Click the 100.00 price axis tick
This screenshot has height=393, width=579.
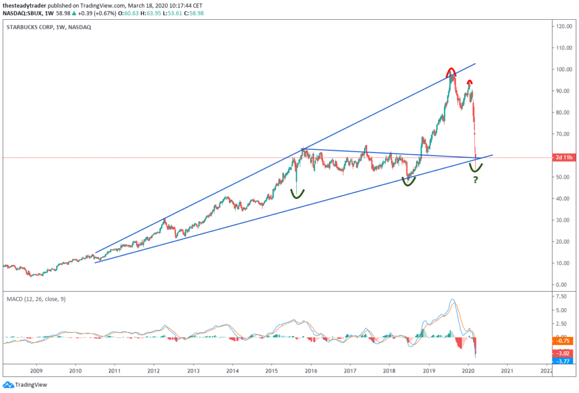563,70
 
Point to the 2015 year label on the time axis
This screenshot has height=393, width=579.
271,371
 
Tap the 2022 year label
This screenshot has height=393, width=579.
546,371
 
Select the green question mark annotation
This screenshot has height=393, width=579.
476,180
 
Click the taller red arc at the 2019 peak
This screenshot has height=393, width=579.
451,71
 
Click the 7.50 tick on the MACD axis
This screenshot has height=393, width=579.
562,296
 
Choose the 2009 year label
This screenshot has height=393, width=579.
37,371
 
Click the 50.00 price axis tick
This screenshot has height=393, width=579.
563,177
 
